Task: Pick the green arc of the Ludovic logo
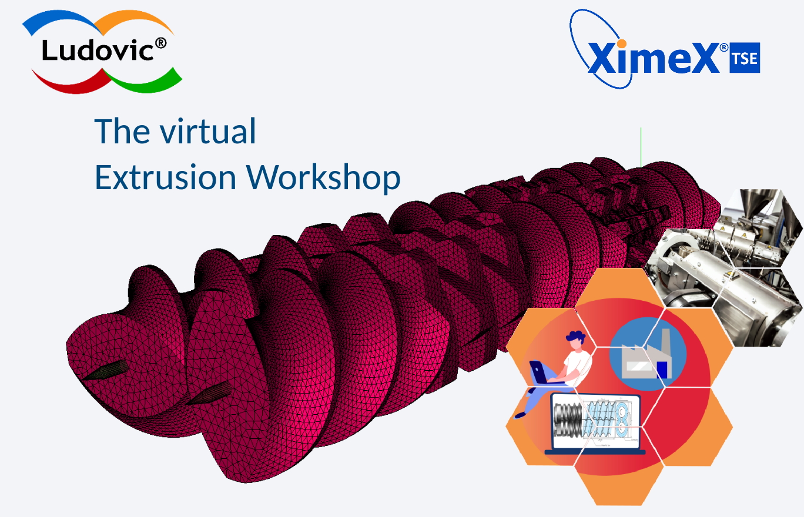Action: pos(143,82)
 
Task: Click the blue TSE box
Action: pos(745,58)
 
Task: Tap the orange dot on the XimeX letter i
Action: pos(621,44)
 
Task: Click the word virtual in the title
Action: pos(208,132)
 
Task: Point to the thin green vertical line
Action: pos(641,147)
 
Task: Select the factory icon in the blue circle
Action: pos(646,354)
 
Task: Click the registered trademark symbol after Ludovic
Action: pos(160,43)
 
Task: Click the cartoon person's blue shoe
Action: pos(520,415)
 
